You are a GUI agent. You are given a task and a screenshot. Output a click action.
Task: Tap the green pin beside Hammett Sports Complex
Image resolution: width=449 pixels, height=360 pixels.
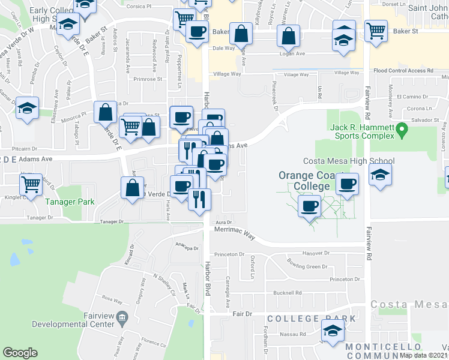(x=403, y=128)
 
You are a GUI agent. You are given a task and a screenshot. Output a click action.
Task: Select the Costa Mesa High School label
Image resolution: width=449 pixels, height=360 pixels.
(x=348, y=161)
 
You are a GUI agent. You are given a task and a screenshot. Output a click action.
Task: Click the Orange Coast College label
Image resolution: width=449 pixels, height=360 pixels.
(x=304, y=181)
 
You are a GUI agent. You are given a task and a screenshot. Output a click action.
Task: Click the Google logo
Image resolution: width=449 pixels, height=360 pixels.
(x=20, y=353)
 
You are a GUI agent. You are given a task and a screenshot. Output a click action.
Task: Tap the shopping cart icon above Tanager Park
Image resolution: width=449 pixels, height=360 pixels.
(x=31, y=184)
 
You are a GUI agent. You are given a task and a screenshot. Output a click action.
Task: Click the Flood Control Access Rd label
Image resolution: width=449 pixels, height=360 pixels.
(x=403, y=71)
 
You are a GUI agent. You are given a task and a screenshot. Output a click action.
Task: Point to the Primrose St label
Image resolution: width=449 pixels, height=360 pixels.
(x=148, y=79)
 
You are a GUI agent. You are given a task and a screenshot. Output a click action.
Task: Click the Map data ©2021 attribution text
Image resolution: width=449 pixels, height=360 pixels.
(x=424, y=355)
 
